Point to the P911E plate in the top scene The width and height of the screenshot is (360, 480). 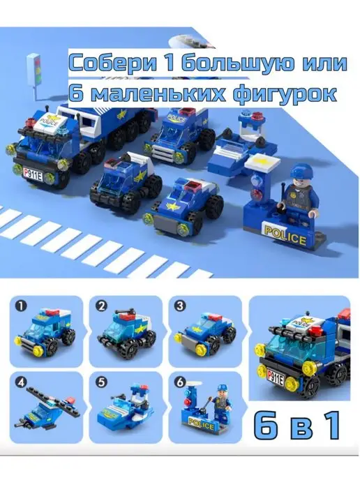[33, 172]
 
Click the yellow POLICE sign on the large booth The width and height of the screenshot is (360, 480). [285, 234]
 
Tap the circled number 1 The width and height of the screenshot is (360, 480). [22, 306]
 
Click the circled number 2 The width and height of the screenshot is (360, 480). [102, 306]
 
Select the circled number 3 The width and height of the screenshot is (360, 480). [181, 306]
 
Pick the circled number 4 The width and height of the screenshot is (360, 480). [22, 382]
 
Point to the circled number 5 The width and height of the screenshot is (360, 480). [102, 382]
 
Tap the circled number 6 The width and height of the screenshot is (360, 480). [181, 382]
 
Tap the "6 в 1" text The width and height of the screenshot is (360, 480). [297, 426]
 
